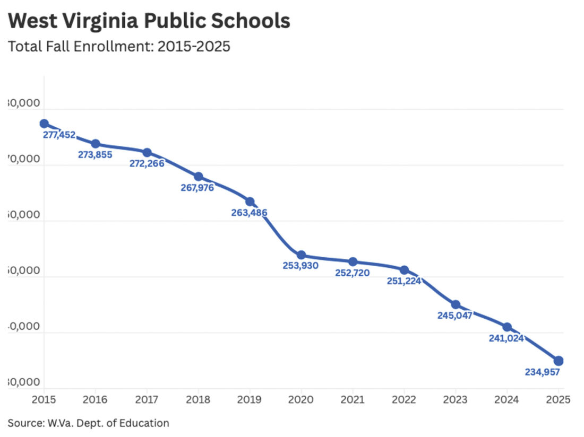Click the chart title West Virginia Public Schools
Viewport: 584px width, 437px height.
(149, 21)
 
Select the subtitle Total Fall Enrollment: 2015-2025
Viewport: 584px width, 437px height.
(119, 47)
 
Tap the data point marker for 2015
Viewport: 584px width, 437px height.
(44, 124)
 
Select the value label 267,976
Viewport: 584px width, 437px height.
(196, 187)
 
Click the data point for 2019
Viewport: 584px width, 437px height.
(250, 202)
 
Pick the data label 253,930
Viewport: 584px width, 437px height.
(300, 266)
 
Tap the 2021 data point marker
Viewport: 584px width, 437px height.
(353, 261)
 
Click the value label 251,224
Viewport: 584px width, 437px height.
(403, 281)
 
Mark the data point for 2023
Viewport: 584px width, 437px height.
(456, 304)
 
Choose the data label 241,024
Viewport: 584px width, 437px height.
(506, 338)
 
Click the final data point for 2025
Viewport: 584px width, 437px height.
(559, 361)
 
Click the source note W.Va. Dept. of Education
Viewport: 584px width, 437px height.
(88, 423)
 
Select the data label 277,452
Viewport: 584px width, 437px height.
(59, 135)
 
